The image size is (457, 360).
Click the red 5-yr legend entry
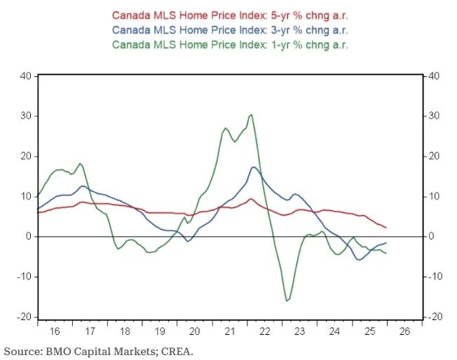coord(229,15)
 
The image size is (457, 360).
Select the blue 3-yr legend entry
coord(229,29)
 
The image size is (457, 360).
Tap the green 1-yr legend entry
coord(229,44)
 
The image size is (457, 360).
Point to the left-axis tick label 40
coord(25,76)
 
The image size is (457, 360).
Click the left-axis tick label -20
coord(23,317)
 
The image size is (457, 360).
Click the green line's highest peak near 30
coord(251,114)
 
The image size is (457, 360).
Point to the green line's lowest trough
coord(286,301)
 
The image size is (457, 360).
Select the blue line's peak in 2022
coord(254,167)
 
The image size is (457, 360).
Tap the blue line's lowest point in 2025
coord(360,260)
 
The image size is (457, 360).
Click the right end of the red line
coord(386,227)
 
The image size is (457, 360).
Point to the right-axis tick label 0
coord(430,237)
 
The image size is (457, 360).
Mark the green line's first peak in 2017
coord(80,163)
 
